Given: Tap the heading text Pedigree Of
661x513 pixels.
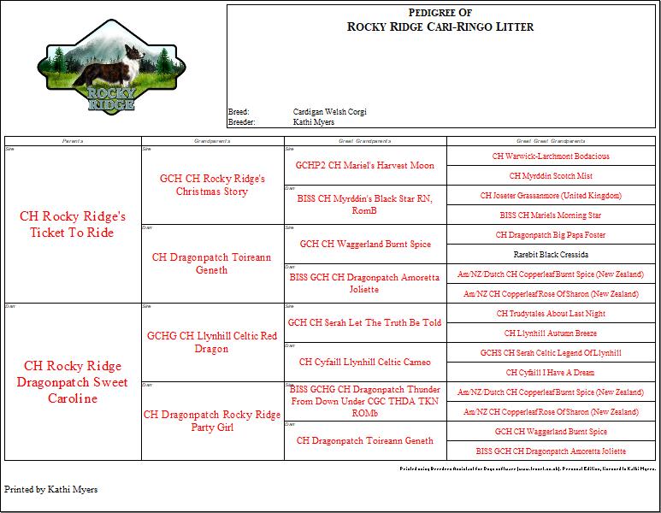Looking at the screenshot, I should coord(440,12).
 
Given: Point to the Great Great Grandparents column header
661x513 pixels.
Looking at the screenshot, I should coord(552,140).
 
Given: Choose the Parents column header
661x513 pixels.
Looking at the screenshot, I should coord(73,140).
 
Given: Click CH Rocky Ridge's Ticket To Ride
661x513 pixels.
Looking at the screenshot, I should coord(73,224).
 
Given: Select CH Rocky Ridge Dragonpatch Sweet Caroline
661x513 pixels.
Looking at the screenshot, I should coord(73,381).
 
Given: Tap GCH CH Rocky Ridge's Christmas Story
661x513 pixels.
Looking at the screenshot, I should coord(212,185).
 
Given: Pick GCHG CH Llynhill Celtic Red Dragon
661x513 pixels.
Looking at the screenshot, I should coord(212,342).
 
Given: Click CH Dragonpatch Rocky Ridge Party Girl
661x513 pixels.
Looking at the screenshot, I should coord(212,421).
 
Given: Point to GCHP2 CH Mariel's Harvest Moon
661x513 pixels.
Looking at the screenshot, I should coord(365,165).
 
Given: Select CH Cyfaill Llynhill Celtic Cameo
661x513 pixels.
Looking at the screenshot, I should coord(365,362).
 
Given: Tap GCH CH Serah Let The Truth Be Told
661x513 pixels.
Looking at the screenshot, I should coord(365,322).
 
